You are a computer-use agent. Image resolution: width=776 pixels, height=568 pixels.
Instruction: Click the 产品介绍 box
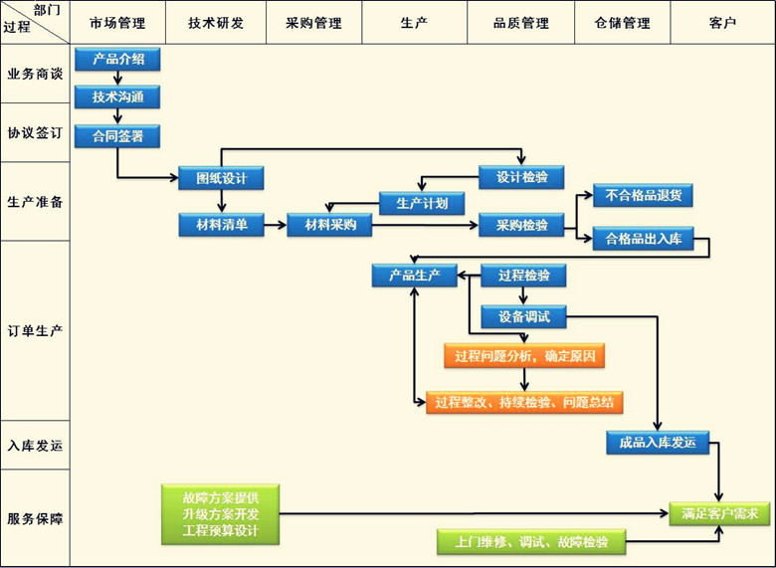pyautogui.click(x=117, y=60)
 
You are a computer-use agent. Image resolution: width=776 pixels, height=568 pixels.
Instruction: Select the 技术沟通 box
pyautogui.click(x=117, y=97)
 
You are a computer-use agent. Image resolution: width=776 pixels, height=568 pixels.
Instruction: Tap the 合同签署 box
pyautogui.click(x=117, y=135)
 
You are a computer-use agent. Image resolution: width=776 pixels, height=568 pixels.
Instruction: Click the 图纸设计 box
pyautogui.click(x=221, y=179)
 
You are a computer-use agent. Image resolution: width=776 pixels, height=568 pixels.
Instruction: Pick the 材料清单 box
pyautogui.click(x=221, y=226)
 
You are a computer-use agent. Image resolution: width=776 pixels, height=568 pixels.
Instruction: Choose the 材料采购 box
pyautogui.click(x=329, y=226)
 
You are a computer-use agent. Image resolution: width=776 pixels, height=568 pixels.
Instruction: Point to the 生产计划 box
pyautogui.click(x=422, y=203)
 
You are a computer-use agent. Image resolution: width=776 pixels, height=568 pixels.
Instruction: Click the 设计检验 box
pyautogui.click(x=521, y=178)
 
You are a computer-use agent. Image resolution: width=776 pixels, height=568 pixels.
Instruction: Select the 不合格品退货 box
pyautogui.click(x=643, y=196)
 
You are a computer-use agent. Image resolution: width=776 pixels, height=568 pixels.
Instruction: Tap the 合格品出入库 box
pyautogui.click(x=643, y=239)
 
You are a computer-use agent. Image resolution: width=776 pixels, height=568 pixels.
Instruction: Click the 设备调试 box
pyautogui.click(x=523, y=318)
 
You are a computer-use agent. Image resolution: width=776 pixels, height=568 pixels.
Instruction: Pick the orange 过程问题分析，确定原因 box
pyautogui.click(x=524, y=356)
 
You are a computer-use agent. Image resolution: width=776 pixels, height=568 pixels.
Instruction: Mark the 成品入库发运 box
pyautogui.click(x=658, y=443)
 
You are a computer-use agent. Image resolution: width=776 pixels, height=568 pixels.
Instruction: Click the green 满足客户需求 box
pyautogui.click(x=720, y=514)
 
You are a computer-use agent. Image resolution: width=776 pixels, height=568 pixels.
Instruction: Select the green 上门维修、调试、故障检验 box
pyautogui.click(x=532, y=542)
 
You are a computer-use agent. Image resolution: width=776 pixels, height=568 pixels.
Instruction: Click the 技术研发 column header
pyautogui.click(x=216, y=23)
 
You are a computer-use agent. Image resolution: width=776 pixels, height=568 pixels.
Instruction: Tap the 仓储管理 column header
pyautogui.click(x=622, y=23)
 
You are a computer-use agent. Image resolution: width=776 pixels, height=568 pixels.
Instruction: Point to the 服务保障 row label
pyautogui.click(x=35, y=518)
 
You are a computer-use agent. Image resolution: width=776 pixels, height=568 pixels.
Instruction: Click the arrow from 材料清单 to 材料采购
pyautogui.click(x=275, y=226)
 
